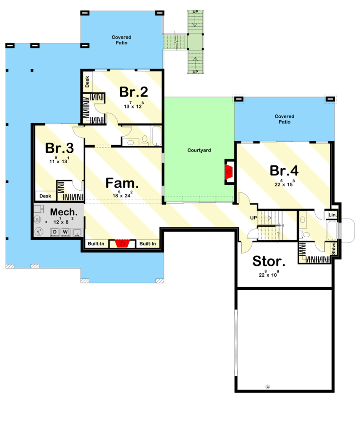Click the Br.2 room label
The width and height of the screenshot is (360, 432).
134,92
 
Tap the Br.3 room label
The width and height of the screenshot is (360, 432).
59,148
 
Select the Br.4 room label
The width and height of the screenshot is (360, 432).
284,170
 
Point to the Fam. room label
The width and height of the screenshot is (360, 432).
122,183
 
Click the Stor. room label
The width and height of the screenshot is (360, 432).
269,261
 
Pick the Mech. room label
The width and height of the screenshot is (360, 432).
64,212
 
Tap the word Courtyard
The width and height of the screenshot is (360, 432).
199,150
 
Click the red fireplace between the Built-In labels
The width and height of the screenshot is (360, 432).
122,243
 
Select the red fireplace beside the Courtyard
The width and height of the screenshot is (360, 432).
229,172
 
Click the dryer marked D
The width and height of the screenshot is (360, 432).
55,232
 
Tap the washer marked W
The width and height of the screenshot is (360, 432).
65,232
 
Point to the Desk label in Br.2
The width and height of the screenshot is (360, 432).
87,82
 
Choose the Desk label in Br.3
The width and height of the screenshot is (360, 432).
46,196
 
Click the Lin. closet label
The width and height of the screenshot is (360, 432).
332,215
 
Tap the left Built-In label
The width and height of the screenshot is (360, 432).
96,244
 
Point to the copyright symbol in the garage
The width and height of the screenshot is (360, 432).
268,387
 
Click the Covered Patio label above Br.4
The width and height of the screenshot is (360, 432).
285,119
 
